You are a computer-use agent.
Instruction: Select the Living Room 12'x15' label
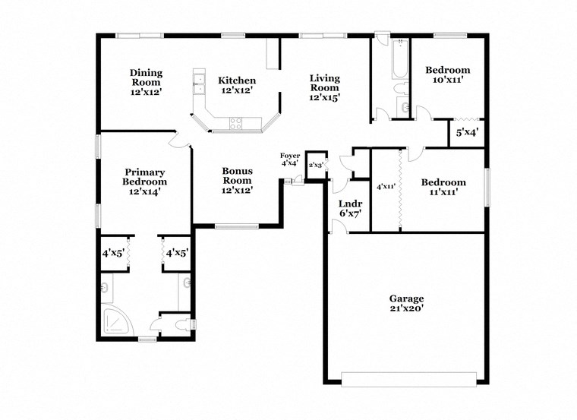pos(324,87)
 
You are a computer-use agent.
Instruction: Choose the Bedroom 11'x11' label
pos(443,187)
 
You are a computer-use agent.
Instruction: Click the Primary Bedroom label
pos(144,182)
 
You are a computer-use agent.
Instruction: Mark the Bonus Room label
pos(237,181)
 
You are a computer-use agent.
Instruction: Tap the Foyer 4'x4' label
pos(290,159)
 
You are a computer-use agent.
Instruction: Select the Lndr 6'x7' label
pos(349,209)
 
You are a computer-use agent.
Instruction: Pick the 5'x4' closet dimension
pos(466,133)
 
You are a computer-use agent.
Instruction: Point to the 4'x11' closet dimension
pos(386,186)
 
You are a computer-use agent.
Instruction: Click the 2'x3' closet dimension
pos(315,164)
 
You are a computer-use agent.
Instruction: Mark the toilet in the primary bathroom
pos(180,324)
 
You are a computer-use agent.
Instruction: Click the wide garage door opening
pos(408,379)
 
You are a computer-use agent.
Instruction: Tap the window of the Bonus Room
pos(236,226)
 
